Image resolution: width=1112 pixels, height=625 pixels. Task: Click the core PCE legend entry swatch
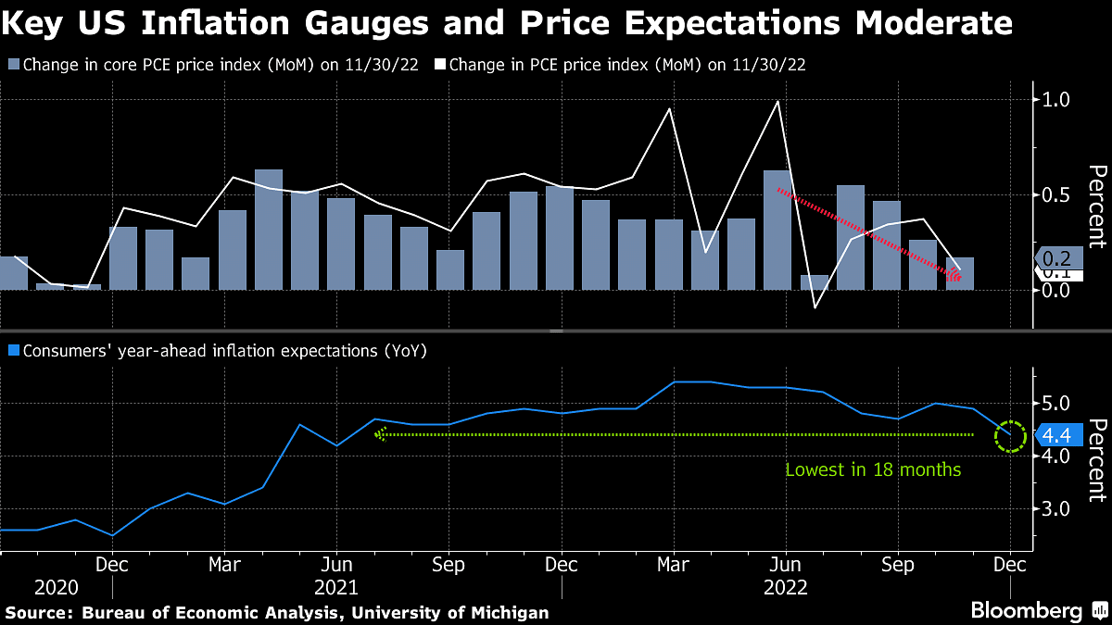[x=13, y=65]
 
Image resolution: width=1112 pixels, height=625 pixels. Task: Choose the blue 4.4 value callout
[x=1057, y=434]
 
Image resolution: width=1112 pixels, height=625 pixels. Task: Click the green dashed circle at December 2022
[x=1010, y=435]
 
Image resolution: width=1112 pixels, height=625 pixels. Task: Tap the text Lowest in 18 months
[x=873, y=469]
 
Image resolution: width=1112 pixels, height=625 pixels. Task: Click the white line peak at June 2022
[x=777, y=101]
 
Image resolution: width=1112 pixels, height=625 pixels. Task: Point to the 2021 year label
[x=337, y=587]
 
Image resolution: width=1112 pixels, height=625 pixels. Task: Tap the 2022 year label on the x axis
[x=786, y=587]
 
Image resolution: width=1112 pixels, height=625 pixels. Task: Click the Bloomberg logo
[x=1027, y=610]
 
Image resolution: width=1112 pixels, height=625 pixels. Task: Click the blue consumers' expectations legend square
[x=13, y=351]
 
